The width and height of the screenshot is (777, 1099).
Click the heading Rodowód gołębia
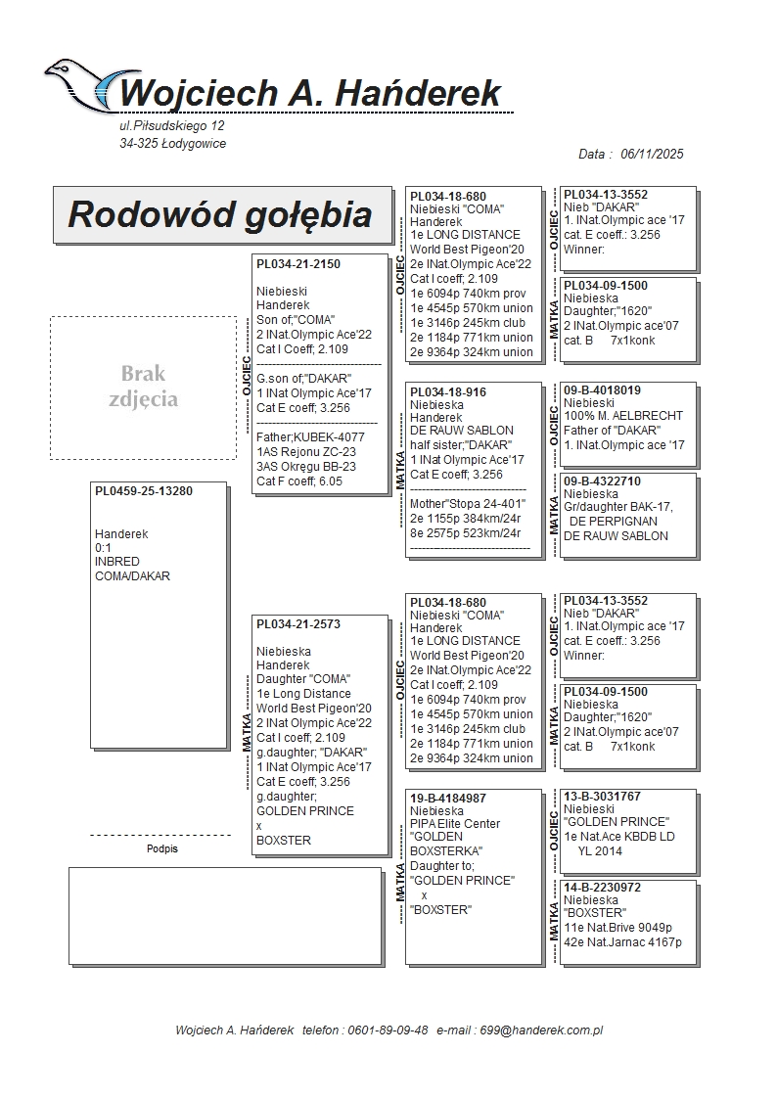pyautogui.click(x=219, y=214)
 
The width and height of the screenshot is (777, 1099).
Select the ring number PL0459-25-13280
pyautogui.click(x=143, y=491)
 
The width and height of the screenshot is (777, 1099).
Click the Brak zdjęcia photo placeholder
pyautogui.click(x=143, y=387)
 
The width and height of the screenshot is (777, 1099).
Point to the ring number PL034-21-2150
pyautogui.click(x=298, y=264)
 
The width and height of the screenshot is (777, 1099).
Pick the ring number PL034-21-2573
pyautogui.click(x=298, y=624)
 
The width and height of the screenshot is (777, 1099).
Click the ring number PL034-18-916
pyautogui.click(x=447, y=392)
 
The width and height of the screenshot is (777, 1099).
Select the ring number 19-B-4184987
pyautogui.click(x=448, y=799)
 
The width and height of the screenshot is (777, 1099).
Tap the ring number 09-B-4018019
pyautogui.click(x=602, y=390)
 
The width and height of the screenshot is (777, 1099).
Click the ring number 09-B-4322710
pyautogui.click(x=602, y=481)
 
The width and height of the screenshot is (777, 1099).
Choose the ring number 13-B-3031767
pyautogui.click(x=602, y=797)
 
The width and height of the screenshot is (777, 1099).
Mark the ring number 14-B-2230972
pyautogui.click(x=602, y=888)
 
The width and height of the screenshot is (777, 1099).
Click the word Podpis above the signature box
pyautogui.click(x=162, y=849)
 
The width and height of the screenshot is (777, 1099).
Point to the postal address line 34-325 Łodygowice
pyautogui.click(x=172, y=144)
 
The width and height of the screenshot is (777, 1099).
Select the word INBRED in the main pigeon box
pyautogui.click(x=117, y=562)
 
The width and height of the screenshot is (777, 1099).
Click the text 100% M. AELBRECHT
pyautogui.click(x=622, y=416)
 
